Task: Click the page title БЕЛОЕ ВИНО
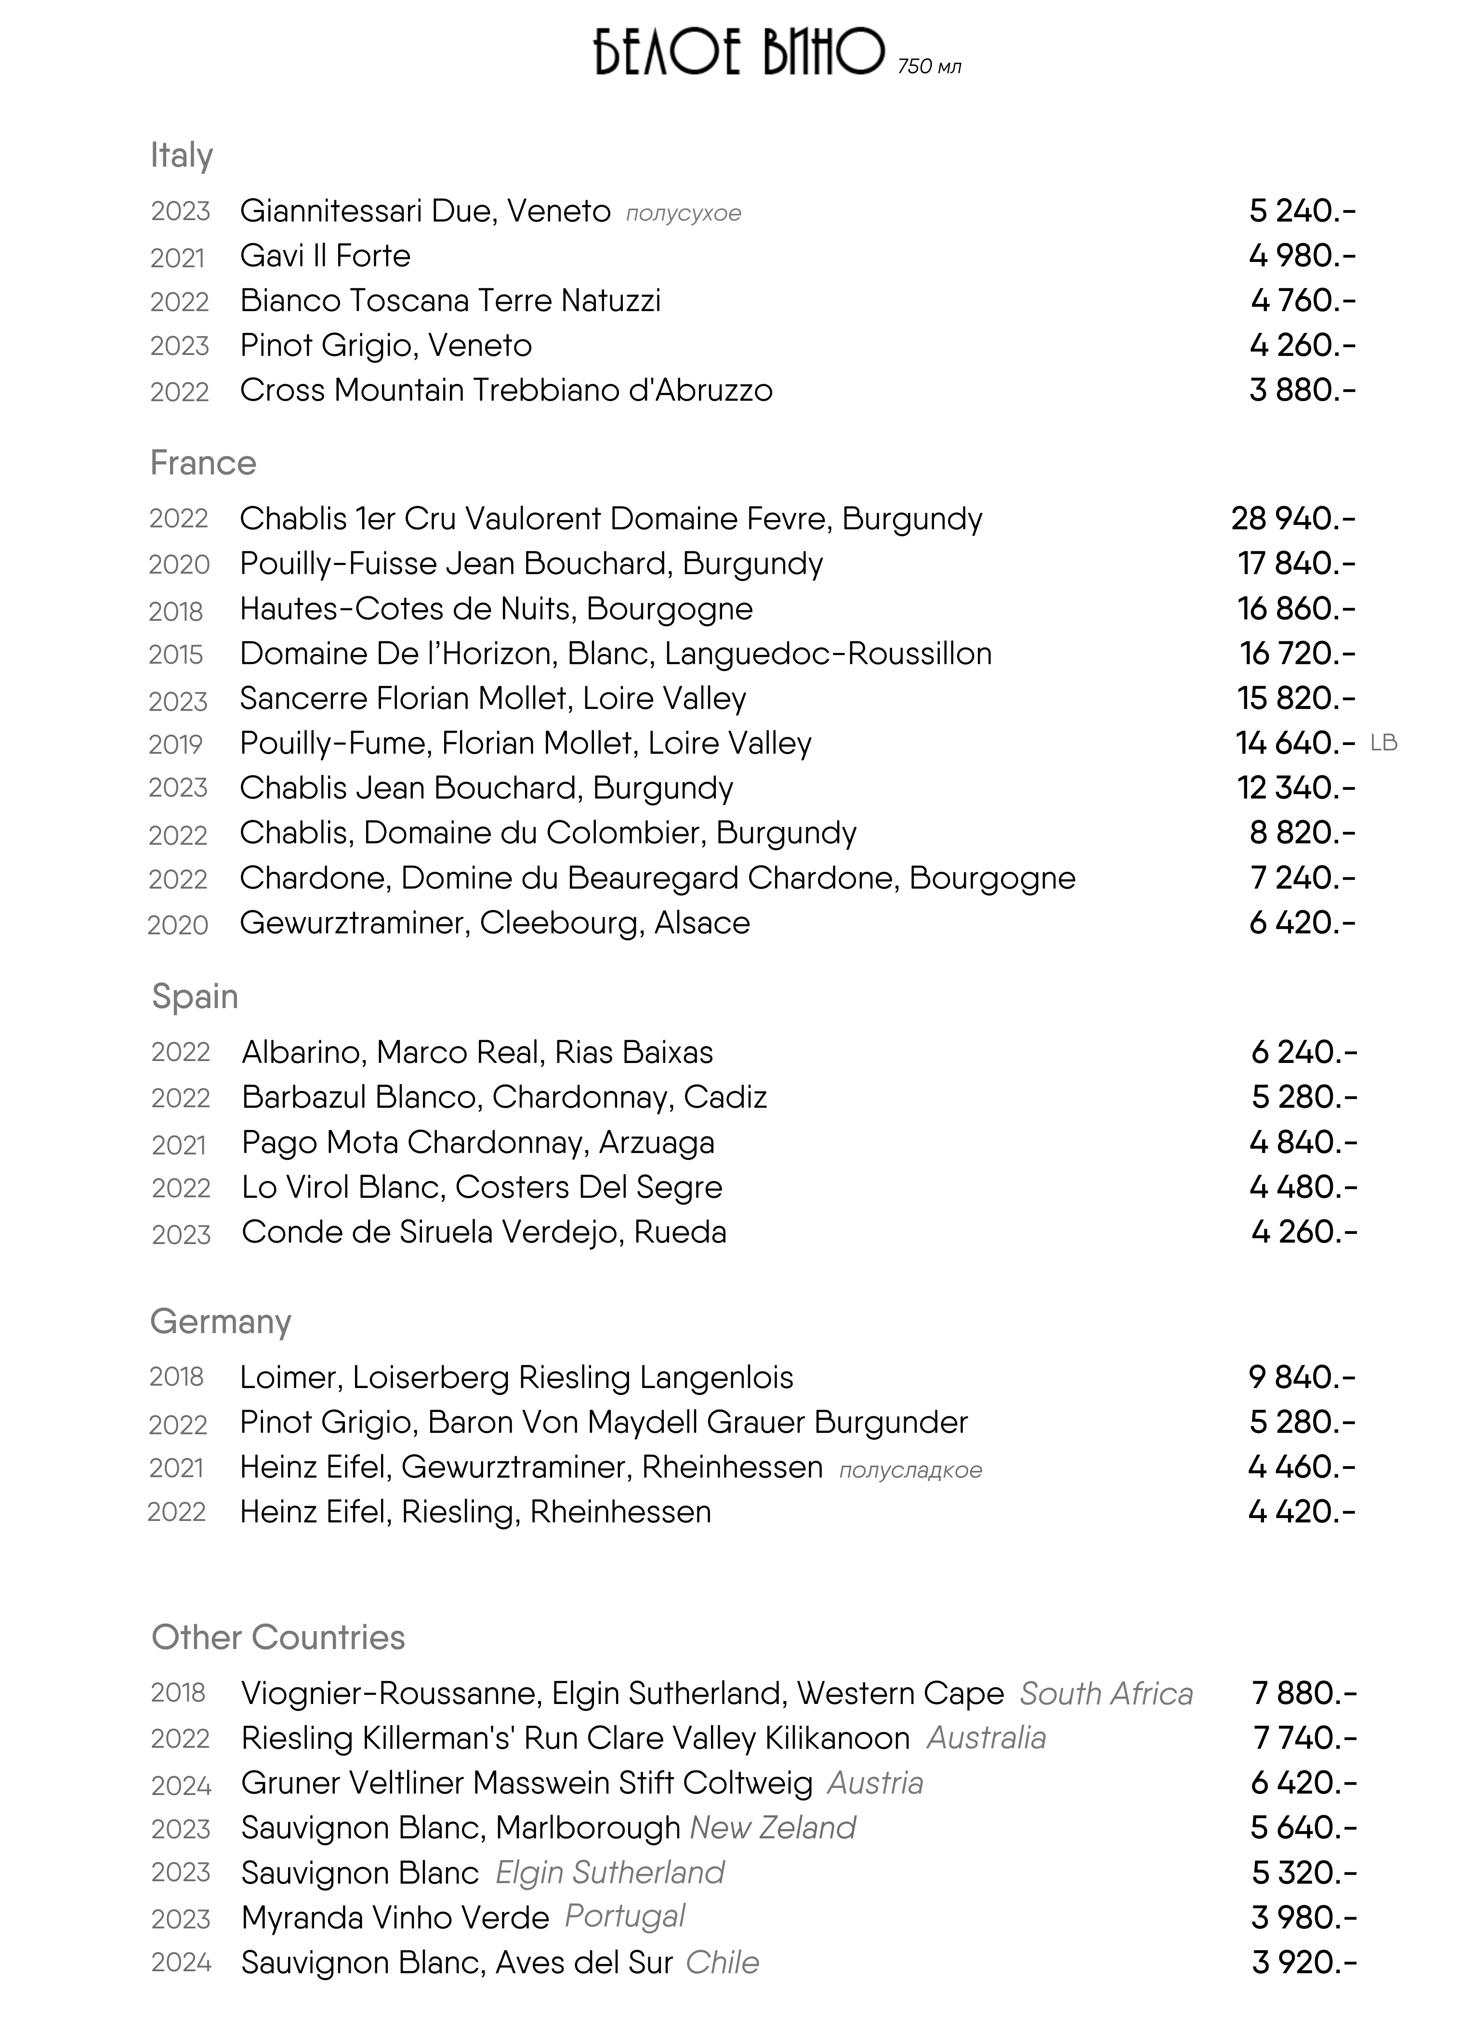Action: (739, 53)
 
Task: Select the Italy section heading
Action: (181, 155)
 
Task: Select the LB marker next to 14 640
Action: (1383, 742)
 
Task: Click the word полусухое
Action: (684, 213)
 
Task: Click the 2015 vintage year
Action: (176, 655)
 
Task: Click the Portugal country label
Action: (625, 1916)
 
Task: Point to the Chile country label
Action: (722, 1963)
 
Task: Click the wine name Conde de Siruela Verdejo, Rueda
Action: (484, 1232)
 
